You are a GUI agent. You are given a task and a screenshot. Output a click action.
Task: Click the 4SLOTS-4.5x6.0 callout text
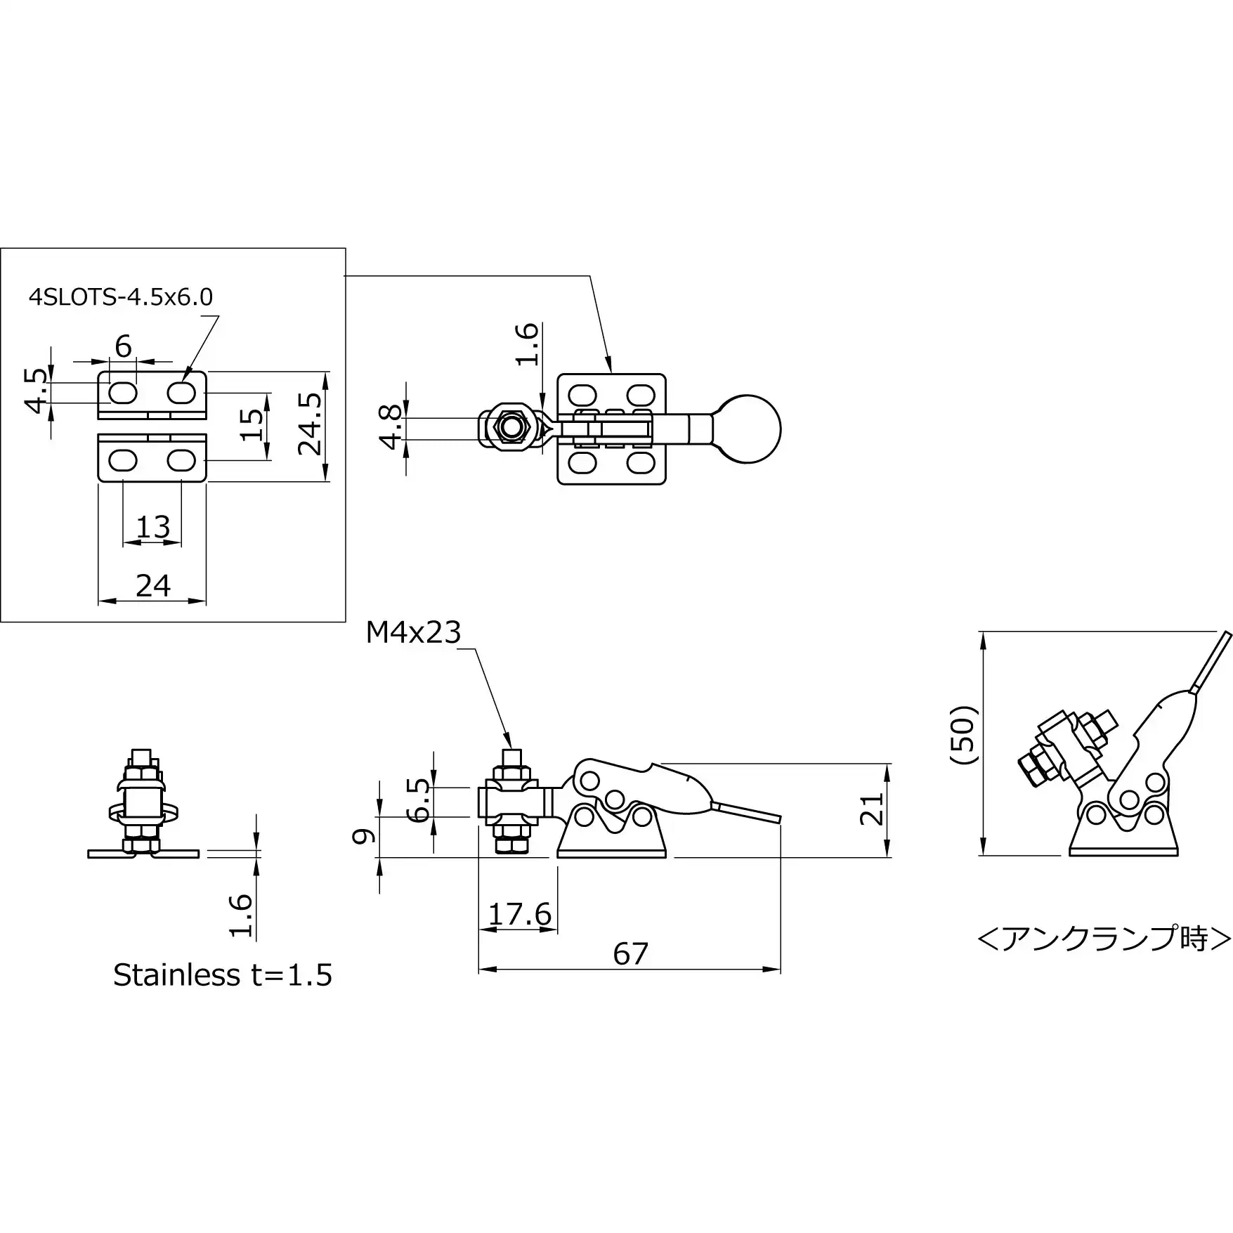pyautogui.click(x=121, y=297)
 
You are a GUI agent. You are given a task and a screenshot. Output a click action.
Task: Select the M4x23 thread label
pyautogui.click(x=413, y=633)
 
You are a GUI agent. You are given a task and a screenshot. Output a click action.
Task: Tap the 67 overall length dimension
pyautogui.click(x=630, y=953)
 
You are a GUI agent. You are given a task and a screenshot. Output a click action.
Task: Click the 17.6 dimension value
pyautogui.click(x=520, y=914)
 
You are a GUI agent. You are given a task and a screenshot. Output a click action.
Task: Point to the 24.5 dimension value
pyautogui.click(x=310, y=423)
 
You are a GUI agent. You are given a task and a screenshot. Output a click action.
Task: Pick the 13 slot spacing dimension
pyautogui.click(x=153, y=526)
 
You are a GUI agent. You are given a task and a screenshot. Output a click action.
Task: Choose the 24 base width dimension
pyautogui.click(x=153, y=585)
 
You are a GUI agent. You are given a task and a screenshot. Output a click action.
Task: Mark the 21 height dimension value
pyautogui.click(x=871, y=809)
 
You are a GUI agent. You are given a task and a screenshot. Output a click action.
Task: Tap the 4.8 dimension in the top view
pyautogui.click(x=391, y=426)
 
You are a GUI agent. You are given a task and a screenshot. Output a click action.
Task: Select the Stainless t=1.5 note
pyautogui.click(x=223, y=975)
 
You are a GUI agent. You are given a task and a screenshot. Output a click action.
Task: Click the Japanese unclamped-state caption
pyautogui.click(x=1104, y=939)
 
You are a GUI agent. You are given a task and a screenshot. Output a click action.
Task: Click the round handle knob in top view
pyautogui.click(x=748, y=429)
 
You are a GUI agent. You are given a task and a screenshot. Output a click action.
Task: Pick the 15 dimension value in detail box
pyautogui.click(x=252, y=425)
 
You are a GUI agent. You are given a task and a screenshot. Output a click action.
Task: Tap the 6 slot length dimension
pyautogui.click(x=123, y=346)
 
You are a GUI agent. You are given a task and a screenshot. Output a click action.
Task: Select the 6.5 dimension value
pyautogui.click(x=419, y=799)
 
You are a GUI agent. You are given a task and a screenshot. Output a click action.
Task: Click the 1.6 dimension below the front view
pyautogui.click(x=241, y=915)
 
